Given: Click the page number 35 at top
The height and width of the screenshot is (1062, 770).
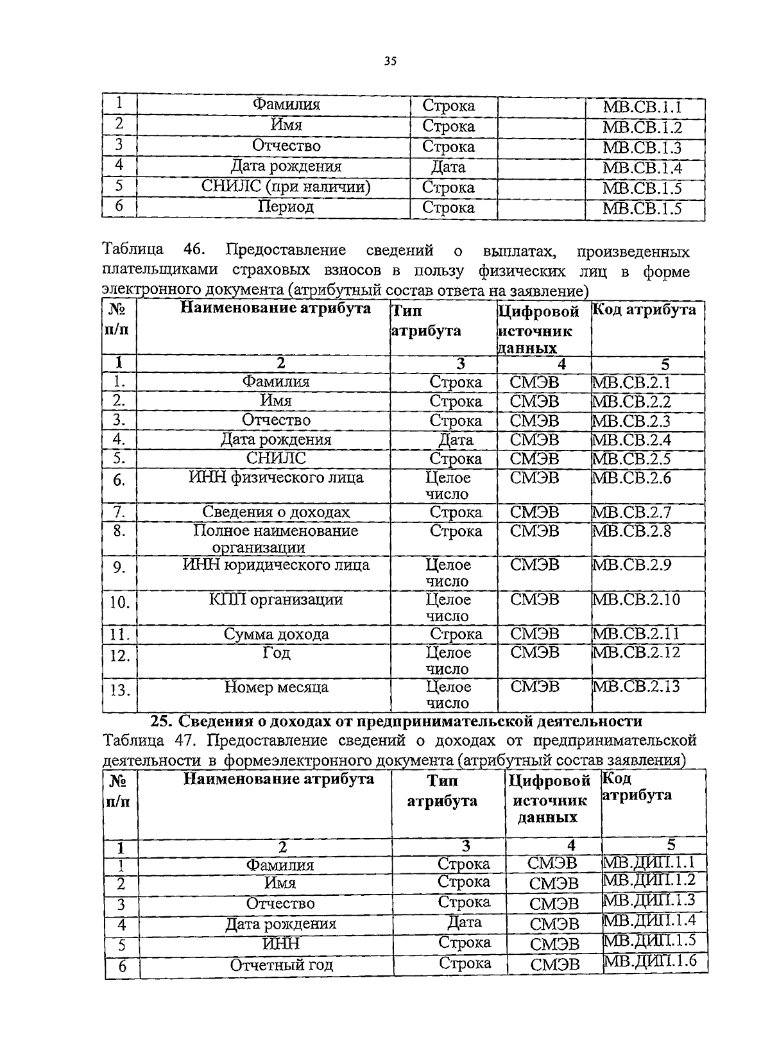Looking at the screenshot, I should [390, 62].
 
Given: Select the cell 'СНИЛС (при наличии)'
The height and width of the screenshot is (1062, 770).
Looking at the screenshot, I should [286, 187].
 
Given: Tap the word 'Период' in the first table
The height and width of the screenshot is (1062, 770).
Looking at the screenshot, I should [286, 207].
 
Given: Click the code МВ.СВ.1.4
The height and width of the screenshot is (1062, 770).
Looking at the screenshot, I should [642, 168].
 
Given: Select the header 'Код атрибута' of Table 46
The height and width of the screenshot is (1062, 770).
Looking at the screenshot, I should [644, 310].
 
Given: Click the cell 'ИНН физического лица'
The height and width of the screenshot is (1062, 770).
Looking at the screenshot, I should [276, 477].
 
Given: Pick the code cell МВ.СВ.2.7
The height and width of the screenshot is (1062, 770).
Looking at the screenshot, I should [631, 512].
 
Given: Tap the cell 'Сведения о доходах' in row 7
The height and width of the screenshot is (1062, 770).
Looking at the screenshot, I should [276, 512].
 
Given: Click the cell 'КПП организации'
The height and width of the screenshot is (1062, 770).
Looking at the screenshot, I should [276, 599].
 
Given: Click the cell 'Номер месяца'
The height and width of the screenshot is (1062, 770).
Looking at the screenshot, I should [276, 687].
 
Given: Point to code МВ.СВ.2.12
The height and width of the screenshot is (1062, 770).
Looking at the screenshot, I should [635, 653].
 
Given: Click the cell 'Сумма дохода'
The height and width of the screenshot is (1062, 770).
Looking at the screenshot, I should [276, 634].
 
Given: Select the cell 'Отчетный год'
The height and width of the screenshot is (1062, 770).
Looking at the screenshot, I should [281, 964].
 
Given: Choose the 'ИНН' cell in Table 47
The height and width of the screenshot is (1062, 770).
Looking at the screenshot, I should [281, 944].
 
